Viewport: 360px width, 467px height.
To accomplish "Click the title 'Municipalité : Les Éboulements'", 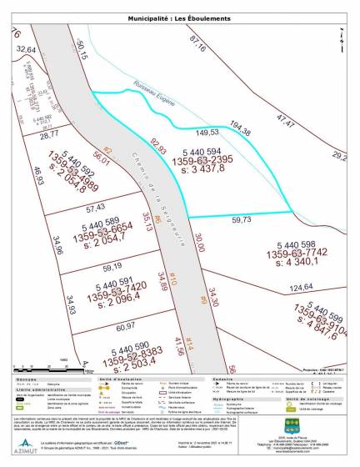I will coord(180,18).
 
